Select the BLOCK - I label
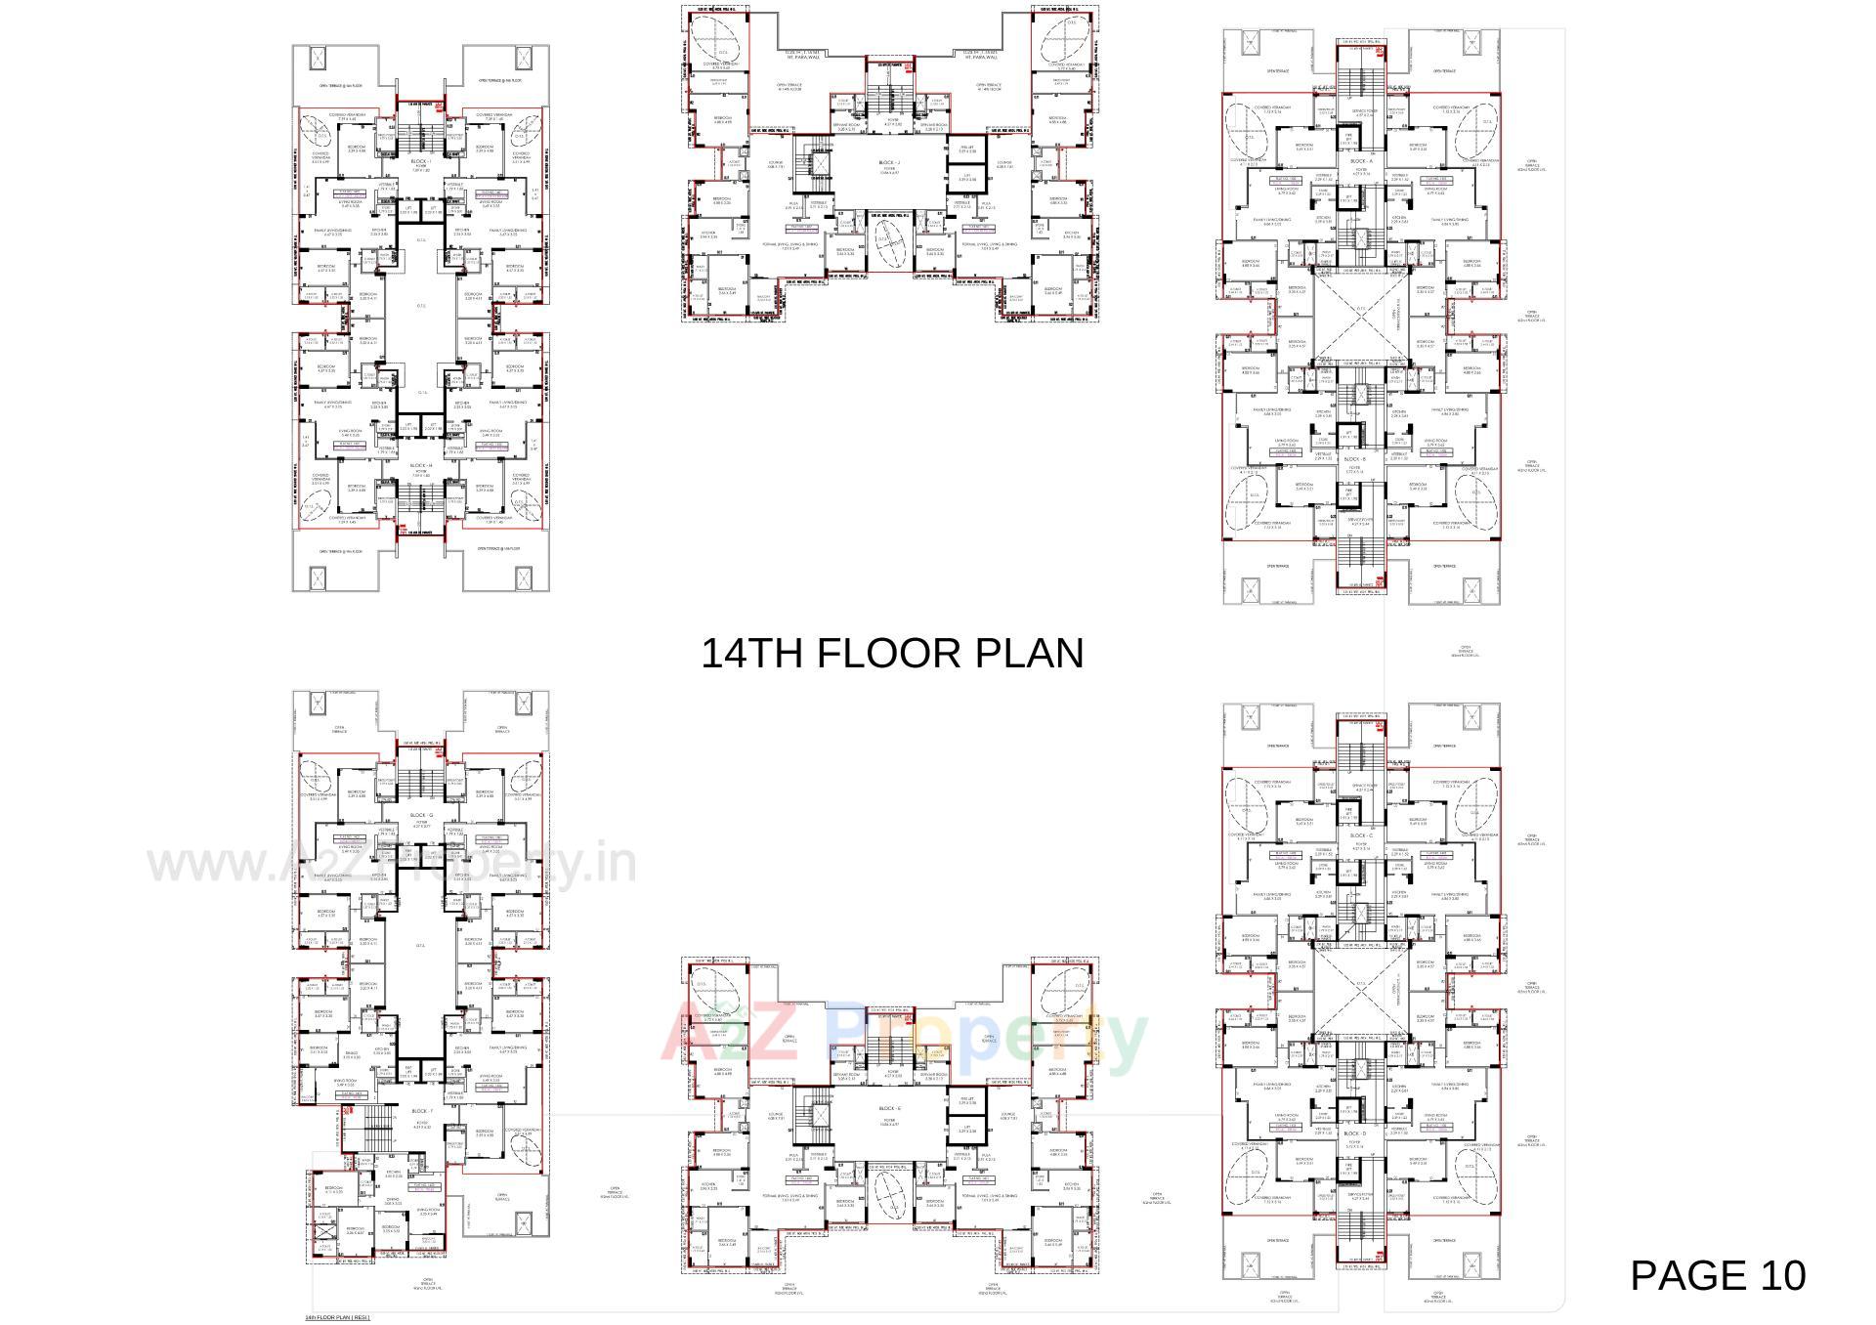(421, 161)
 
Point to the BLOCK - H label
(421, 466)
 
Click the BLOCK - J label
(889, 162)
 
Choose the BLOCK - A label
(1361, 161)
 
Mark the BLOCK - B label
(1354, 459)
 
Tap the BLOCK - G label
(421, 815)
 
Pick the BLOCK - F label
(421, 1111)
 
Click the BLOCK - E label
(889, 1108)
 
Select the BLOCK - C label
(1361, 836)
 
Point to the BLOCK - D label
(1354, 1133)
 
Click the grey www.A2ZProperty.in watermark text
(391, 864)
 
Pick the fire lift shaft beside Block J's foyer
(967, 150)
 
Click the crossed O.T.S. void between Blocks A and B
(1361, 311)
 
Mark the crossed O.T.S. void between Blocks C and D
(1361, 985)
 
